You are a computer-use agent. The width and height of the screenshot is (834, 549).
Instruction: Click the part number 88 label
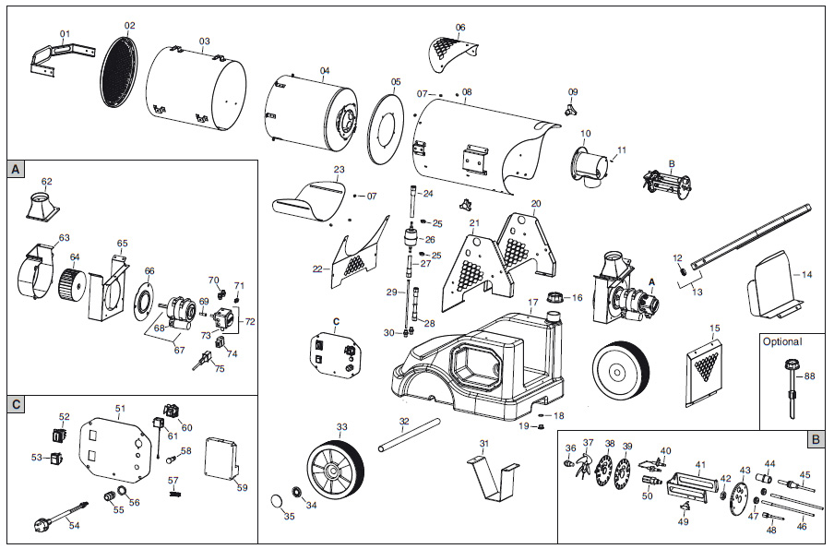click(x=809, y=376)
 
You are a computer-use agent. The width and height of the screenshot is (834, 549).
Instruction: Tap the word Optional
click(x=782, y=341)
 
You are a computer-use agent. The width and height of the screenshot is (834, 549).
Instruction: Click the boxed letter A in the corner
click(x=16, y=170)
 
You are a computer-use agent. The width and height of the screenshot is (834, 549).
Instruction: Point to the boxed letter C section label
click(x=16, y=404)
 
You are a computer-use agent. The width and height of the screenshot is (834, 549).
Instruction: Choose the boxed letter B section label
click(x=815, y=439)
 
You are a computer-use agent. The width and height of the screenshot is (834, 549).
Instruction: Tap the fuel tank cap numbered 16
click(x=553, y=298)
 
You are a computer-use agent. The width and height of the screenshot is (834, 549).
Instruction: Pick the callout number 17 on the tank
click(x=532, y=303)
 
